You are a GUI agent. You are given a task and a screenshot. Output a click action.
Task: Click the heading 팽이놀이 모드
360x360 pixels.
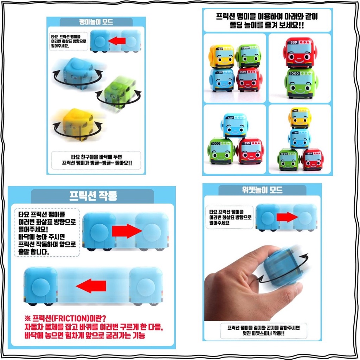point(96,22)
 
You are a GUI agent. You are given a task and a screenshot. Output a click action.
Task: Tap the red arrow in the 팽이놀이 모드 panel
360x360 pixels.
point(117,41)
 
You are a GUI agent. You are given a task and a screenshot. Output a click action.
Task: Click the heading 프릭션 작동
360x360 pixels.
point(93,196)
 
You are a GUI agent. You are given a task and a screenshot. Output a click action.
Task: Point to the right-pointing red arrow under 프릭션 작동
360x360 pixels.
point(127,231)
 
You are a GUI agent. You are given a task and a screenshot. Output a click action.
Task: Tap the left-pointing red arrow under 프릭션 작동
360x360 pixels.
point(91,286)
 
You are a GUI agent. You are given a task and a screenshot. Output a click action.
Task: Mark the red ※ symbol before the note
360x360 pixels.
point(27,319)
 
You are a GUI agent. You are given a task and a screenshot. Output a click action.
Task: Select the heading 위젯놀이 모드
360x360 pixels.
point(262,190)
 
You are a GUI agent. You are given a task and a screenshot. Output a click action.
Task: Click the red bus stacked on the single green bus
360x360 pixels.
point(300,53)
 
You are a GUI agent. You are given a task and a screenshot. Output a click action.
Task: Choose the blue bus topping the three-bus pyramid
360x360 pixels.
point(234,126)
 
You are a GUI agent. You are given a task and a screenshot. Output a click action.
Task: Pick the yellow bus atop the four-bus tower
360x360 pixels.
point(300,118)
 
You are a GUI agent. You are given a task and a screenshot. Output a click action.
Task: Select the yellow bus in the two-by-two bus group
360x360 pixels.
point(221,56)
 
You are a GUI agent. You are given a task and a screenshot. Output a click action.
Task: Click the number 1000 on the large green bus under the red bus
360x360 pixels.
point(294,73)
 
